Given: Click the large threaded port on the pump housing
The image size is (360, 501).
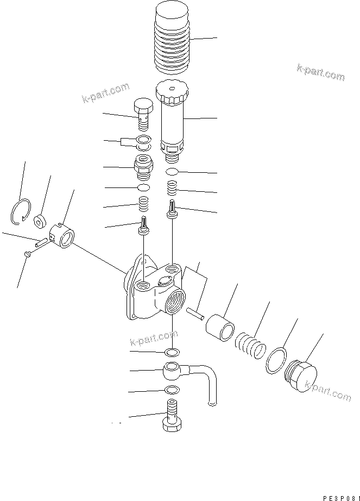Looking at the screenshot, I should (x=175, y=300).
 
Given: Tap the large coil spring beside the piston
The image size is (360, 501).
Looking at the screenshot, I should (x=249, y=346).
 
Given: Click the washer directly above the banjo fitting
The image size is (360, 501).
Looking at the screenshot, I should (x=172, y=352).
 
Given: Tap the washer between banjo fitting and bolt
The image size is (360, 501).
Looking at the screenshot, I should (x=171, y=390).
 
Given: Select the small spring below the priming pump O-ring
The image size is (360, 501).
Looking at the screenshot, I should (x=172, y=190).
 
